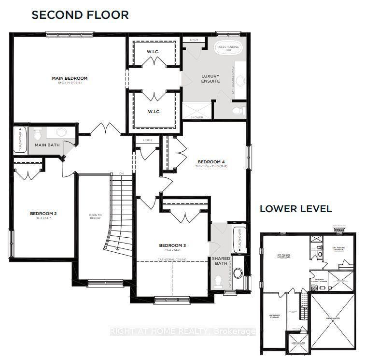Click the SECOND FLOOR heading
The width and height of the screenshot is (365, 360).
tap(80, 14)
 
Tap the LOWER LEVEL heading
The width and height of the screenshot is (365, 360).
tap(295, 209)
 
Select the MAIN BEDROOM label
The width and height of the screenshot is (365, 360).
tap(70, 78)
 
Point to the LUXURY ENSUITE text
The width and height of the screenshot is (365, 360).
tap(210, 79)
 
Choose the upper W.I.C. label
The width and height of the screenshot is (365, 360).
tap(154, 52)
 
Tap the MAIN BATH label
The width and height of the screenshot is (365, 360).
tap(47, 144)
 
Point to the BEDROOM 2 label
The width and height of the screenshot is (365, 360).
tap(43, 213)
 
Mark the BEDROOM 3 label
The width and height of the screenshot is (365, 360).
tap(172, 245)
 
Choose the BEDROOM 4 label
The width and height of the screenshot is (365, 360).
tap(211, 161)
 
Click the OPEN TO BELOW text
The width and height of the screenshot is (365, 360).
tap(95, 216)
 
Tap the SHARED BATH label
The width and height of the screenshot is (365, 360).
tap(221, 261)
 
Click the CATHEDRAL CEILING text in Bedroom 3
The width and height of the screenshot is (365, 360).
tap(172, 259)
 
